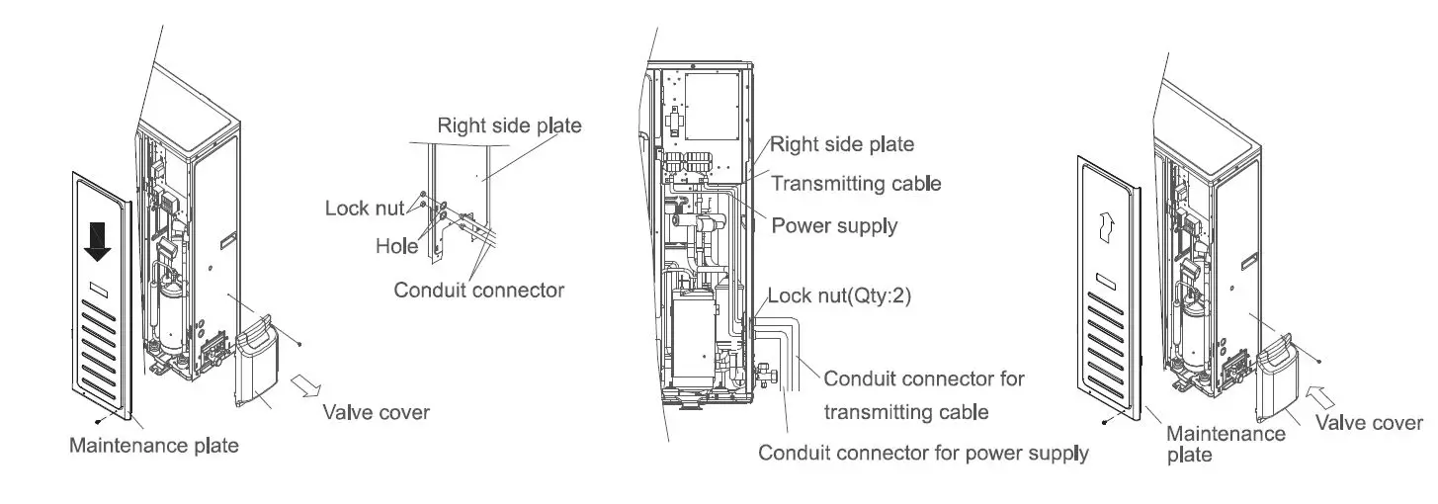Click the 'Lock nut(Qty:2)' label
(x=838, y=294)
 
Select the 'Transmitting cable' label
(x=856, y=183)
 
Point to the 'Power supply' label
(x=834, y=225)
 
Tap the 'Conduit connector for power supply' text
(x=923, y=454)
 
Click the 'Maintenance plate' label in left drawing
(x=153, y=445)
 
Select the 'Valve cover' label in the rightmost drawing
(x=1369, y=422)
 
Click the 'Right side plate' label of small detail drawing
(x=509, y=126)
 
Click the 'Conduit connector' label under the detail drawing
(x=478, y=290)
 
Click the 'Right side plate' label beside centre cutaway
(x=842, y=143)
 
